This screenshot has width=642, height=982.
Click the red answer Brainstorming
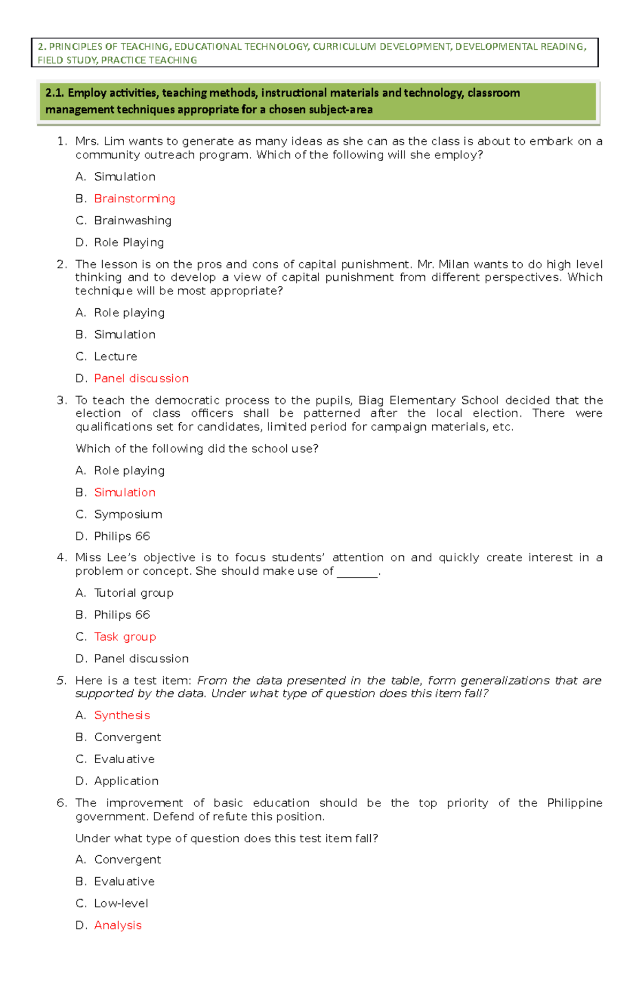point(134,199)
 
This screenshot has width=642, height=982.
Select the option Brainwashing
point(133,220)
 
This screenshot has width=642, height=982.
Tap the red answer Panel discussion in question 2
point(141,378)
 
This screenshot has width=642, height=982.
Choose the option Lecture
point(116,356)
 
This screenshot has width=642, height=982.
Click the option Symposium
point(128,514)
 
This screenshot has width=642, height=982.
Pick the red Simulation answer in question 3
point(125,492)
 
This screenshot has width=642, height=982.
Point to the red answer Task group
point(125,637)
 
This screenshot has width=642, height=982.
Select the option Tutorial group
point(134,593)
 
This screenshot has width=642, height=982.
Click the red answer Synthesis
point(122,715)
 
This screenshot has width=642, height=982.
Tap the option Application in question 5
point(126,781)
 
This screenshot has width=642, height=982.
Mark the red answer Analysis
point(118,925)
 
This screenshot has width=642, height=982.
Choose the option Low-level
point(121,903)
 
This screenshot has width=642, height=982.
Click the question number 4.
point(61,558)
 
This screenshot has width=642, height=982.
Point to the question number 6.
point(61,803)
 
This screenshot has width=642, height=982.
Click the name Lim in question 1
point(113,141)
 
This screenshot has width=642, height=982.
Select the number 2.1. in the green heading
point(55,93)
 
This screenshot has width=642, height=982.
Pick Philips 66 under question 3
point(122,536)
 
